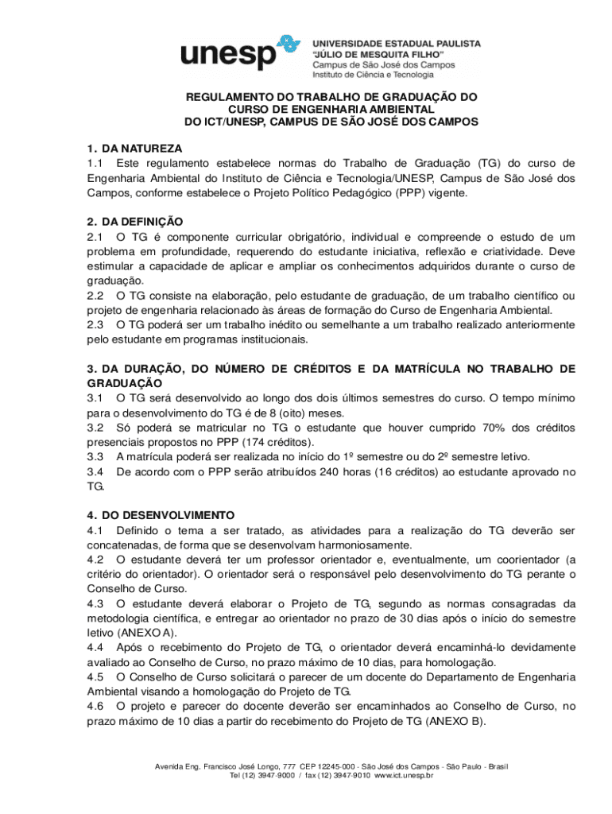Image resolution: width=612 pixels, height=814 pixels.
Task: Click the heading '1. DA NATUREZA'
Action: click(134, 149)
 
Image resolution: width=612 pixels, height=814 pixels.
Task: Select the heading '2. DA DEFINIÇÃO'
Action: click(135, 222)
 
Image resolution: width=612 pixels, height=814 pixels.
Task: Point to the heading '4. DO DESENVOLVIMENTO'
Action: click(161, 515)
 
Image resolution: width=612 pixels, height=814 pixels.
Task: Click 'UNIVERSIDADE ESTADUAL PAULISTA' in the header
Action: click(395, 44)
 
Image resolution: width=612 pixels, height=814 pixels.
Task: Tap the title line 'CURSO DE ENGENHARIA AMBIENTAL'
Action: click(331, 109)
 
